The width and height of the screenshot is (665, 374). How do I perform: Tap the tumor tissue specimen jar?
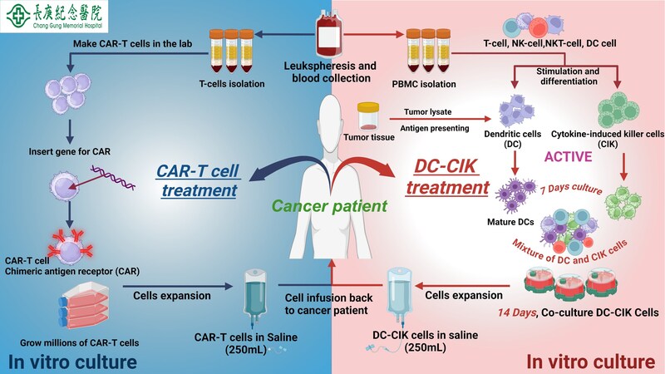(368, 116)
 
